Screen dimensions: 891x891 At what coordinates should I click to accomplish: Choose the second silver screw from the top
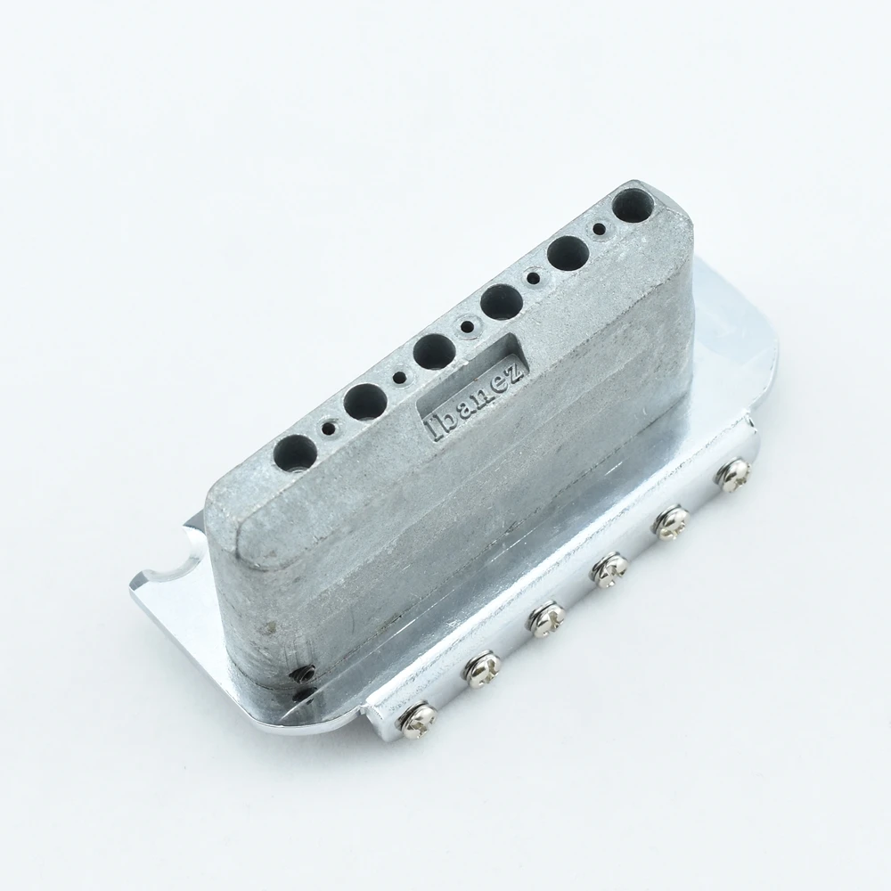pos(674,521)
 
